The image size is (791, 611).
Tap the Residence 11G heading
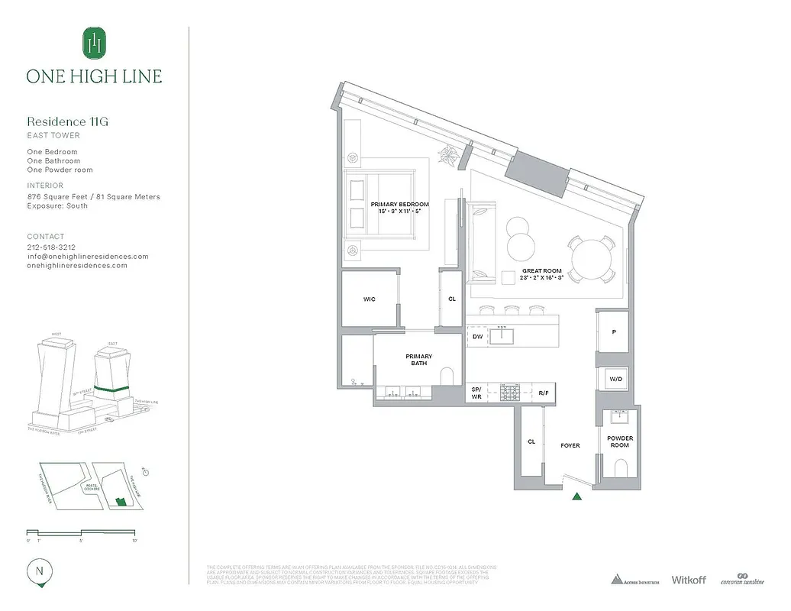click(x=63, y=121)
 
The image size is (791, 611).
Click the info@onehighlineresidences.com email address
click(x=88, y=257)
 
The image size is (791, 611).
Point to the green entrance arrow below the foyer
click(x=577, y=497)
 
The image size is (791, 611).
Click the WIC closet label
click(x=369, y=299)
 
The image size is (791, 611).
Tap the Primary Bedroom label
click(x=399, y=205)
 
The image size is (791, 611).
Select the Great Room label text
click(x=542, y=271)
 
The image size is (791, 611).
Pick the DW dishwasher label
click(x=477, y=336)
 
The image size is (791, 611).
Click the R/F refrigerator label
click(x=544, y=393)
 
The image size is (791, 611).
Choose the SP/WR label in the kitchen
click(x=476, y=393)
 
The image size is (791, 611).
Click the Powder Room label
click(x=619, y=441)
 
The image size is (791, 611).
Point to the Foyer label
click(x=570, y=445)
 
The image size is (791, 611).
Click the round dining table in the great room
click(x=591, y=260)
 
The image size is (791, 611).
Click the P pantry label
click(x=614, y=333)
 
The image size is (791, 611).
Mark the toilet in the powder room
click(x=620, y=467)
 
